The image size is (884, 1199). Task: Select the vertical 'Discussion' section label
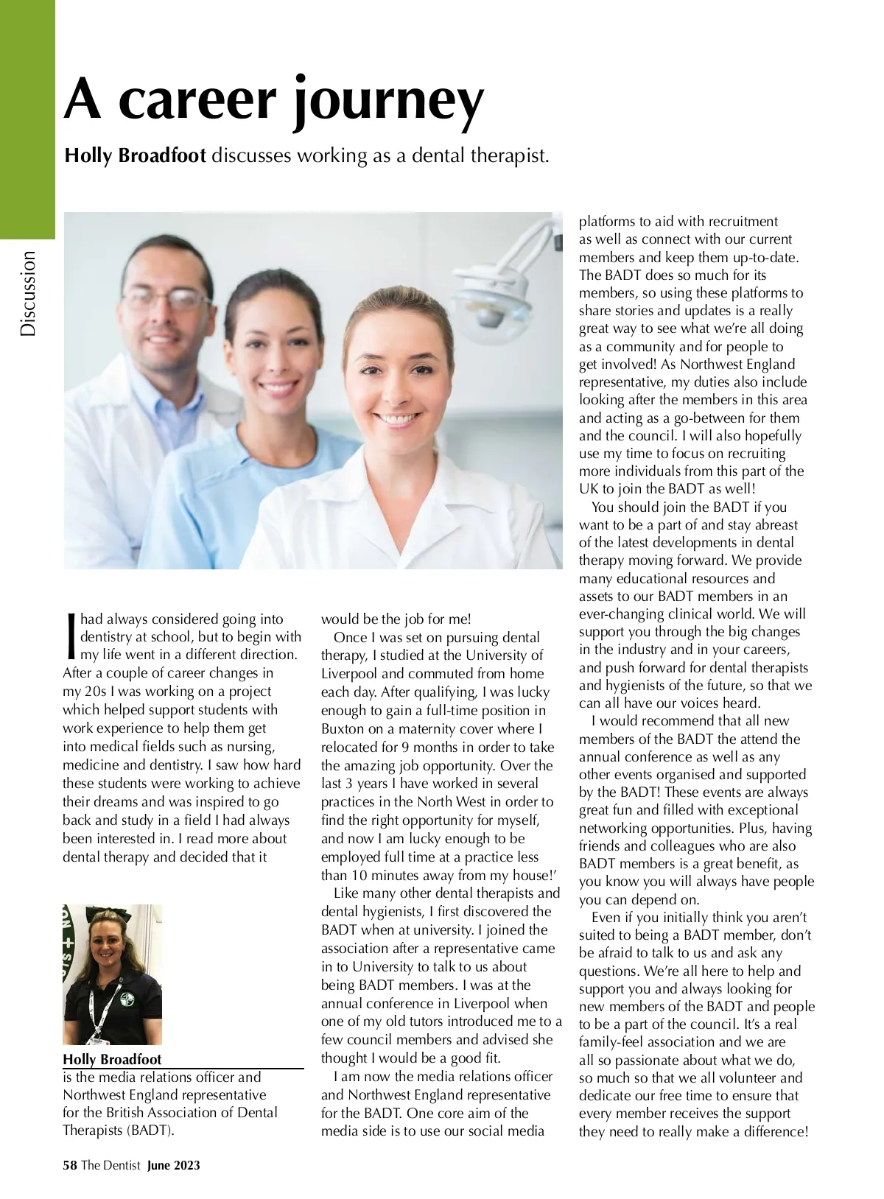tap(28, 293)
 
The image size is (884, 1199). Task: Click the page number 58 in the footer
tap(70, 1165)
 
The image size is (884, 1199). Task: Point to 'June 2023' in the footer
tap(174, 1165)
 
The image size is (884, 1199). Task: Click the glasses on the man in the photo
tap(166, 298)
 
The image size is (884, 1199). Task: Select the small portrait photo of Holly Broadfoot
tap(112, 974)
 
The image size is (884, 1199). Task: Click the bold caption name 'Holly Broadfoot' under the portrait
tap(112, 1060)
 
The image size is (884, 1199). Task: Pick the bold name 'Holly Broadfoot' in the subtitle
tap(136, 156)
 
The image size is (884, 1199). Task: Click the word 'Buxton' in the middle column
tap(343, 728)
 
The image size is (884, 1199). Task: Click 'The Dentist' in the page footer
tap(110, 1165)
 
